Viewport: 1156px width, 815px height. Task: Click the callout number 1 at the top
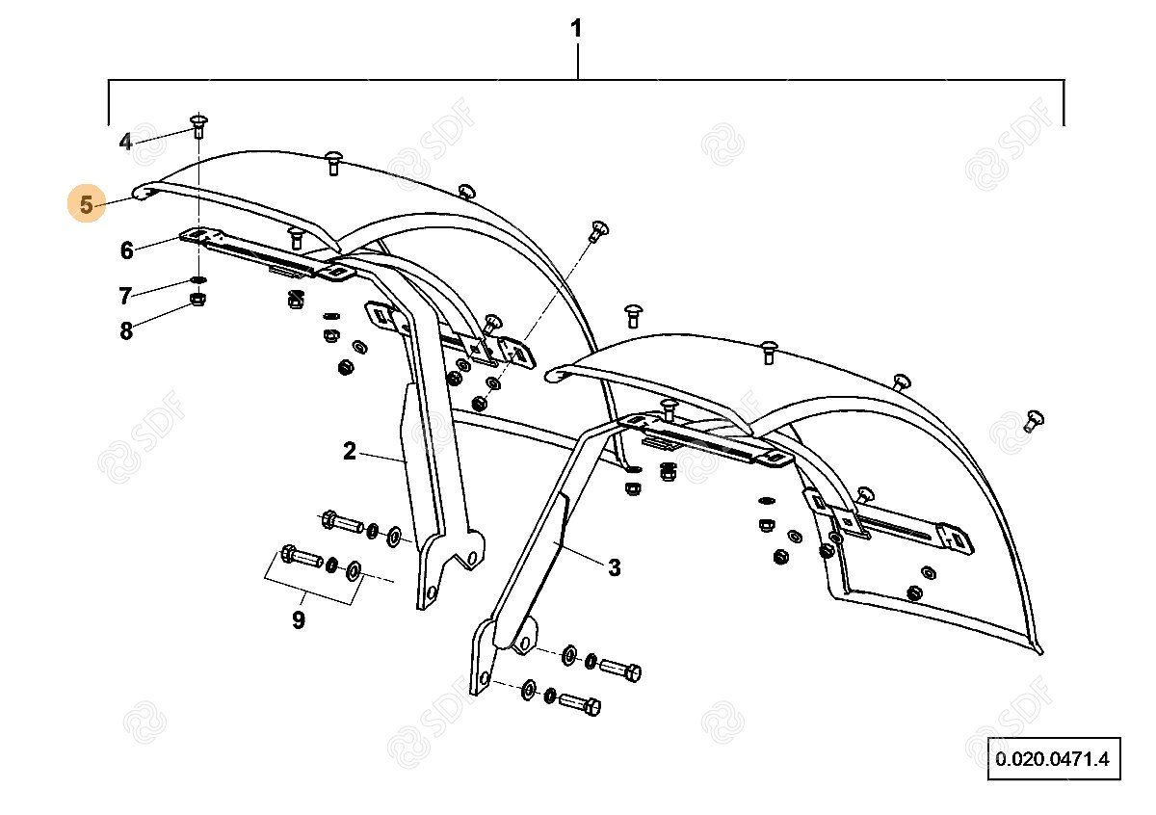coord(576,29)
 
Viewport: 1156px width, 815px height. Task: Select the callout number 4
coord(125,143)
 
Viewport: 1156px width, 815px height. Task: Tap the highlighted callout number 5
coord(87,205)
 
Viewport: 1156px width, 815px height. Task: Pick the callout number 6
coord(126,250)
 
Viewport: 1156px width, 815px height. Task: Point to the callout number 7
coord(125,295)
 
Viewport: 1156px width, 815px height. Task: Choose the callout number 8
coord(126,331)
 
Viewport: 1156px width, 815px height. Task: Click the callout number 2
coord(349,450)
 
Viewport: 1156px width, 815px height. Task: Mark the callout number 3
coord(615,567)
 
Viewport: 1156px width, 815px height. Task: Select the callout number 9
coord(299,619)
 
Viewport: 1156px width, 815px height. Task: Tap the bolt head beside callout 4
coord(198,121)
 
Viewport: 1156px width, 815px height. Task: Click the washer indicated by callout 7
coord(198,281)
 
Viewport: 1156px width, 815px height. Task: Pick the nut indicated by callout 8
coord(197,301)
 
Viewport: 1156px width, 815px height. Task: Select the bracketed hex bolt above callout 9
coord(301,556)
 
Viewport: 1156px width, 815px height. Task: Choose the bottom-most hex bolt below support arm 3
coord(579,703)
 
